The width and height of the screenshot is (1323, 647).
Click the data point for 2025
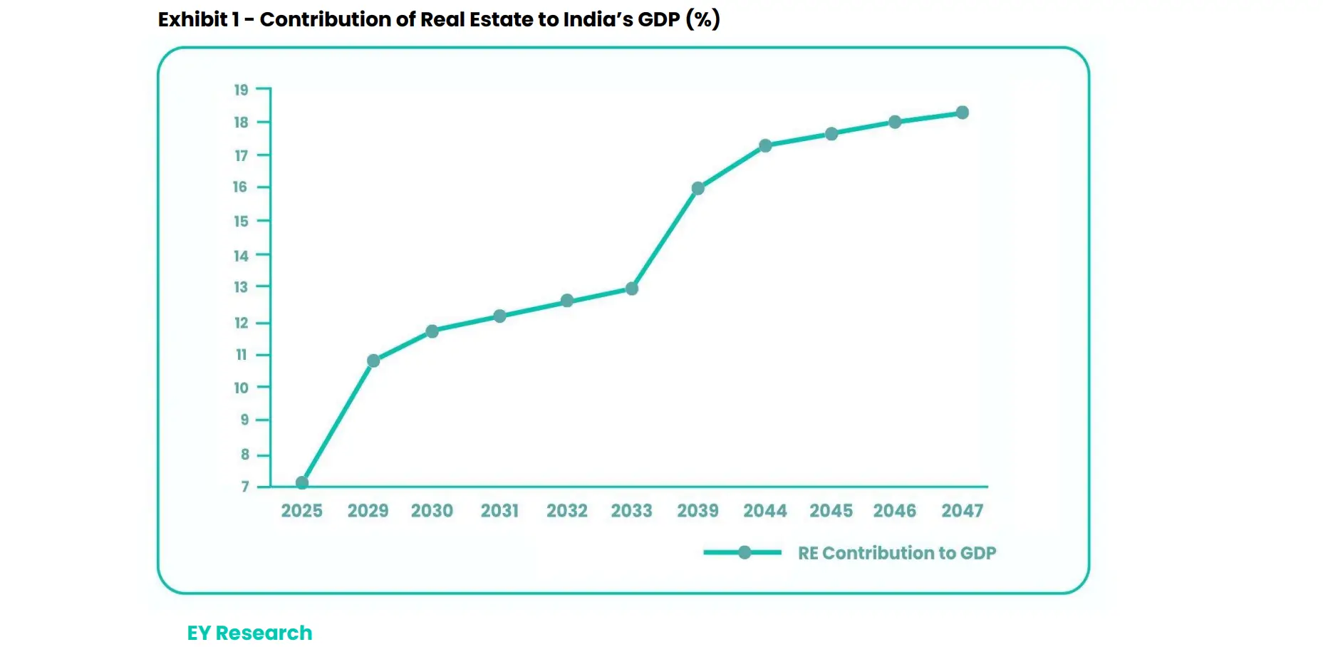tap(302, 482)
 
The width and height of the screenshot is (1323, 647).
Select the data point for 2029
tap(373, 361)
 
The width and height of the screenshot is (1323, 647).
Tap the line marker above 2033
tap(632, 289)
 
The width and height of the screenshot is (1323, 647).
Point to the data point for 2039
tap(698, 188)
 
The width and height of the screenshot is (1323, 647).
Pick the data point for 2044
tap(765, 145)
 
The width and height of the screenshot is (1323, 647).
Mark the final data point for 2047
tap(963, 113)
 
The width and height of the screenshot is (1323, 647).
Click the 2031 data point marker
tap(499, 316)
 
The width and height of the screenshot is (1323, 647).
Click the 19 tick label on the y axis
tap(242, 90)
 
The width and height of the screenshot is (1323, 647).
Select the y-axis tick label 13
tap(242, 287)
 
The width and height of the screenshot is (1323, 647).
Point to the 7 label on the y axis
tap(245, 487)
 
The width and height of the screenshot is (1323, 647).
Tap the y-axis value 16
tap(240, 187)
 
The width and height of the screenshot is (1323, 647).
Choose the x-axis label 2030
tap(432, 511)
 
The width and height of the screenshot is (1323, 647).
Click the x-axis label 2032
tap(567, 511)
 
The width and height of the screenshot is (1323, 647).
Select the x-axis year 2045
tap(831, 511)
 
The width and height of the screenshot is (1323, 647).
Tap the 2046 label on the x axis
tap(895, 511)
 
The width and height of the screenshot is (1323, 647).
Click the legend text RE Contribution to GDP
tap(897, 553)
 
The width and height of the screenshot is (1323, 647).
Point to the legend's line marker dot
tap(744, 552)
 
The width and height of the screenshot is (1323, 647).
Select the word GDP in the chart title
tap(658, 19)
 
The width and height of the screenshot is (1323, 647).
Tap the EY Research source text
tap(249, 633)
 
